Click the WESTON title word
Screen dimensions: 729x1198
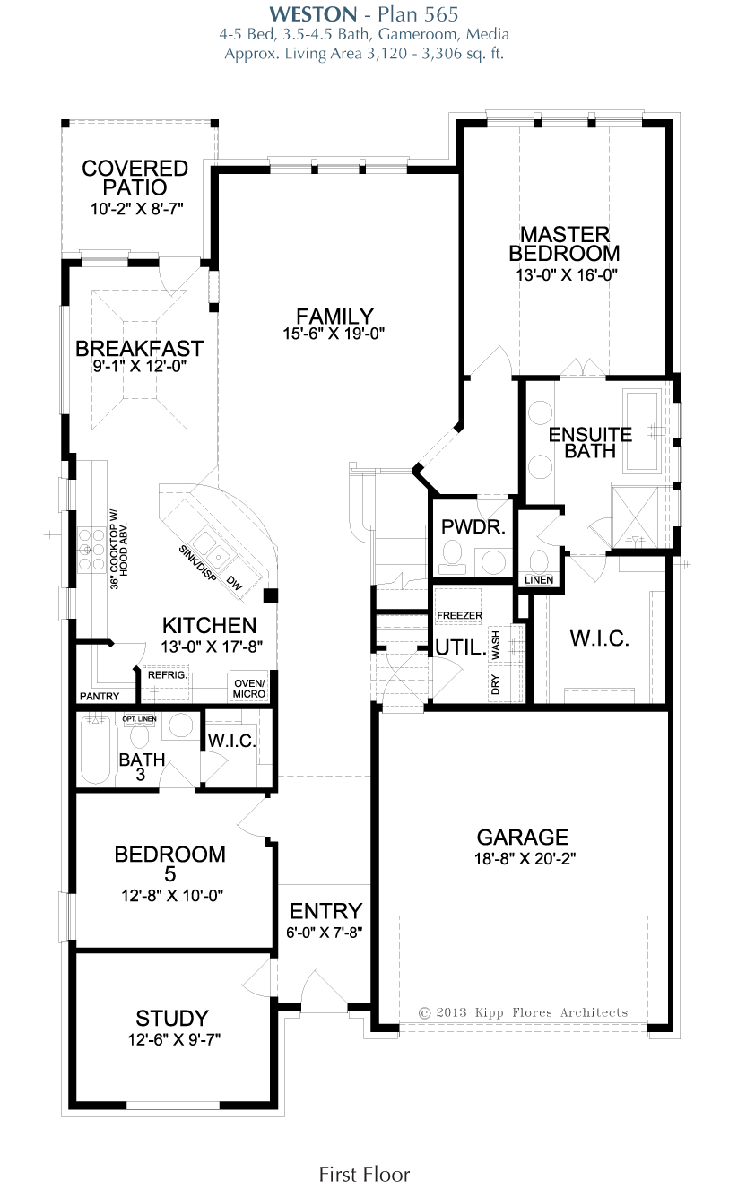tap(313, 14)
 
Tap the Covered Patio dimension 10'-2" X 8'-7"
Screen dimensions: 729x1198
tap(137, 209)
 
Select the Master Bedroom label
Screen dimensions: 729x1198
tap(564, 244)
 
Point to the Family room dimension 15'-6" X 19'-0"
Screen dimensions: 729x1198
tap(334, 334)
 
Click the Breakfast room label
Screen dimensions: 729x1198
tap(140, 349)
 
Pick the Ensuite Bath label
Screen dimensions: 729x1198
tap(591, 442)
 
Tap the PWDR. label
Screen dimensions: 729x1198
tap(473, 527)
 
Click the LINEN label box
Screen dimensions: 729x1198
tap(539, 580)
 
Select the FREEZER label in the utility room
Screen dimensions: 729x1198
tap(459, 615)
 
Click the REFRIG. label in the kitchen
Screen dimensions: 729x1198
tap(168, 675)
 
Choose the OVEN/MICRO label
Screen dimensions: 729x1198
tap(249, 689)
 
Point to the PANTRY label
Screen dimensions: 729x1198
tap(100, 697)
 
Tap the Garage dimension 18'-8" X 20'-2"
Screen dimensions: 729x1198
tap(525, 858)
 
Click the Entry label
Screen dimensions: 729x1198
tap(325, 911)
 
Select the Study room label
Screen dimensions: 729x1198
tap(171, 1019)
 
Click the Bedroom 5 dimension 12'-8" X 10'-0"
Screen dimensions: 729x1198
tap(172, 895)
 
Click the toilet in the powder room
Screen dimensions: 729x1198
tap(453, 557)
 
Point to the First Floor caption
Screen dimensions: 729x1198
tap(364, 1175)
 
